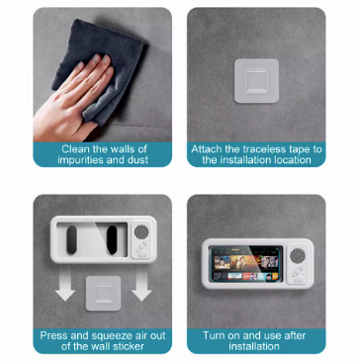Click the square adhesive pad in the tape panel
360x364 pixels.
(256, 81)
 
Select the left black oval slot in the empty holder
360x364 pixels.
(71, 239)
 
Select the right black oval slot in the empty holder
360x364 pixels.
(112, 239)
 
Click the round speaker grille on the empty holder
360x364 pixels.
(141, 231)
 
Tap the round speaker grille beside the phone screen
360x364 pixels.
(298, 255)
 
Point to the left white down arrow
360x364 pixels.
(65, 286)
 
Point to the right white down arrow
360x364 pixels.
(141, 286)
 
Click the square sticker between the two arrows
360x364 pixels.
(103, 293)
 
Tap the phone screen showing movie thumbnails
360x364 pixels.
(245, 264)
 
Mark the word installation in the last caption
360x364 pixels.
(254, 347)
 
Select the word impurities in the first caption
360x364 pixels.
(81, 160)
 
